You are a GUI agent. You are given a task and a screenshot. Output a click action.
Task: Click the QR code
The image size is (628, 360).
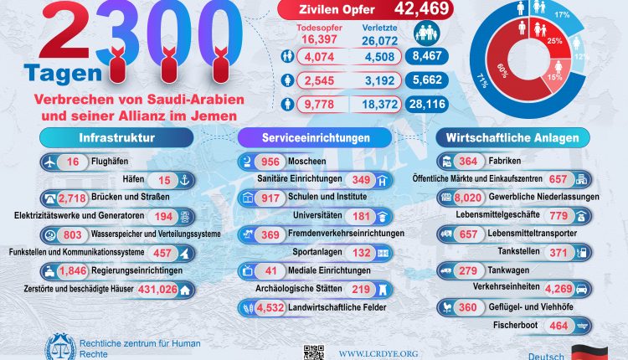(x=313, y=352)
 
